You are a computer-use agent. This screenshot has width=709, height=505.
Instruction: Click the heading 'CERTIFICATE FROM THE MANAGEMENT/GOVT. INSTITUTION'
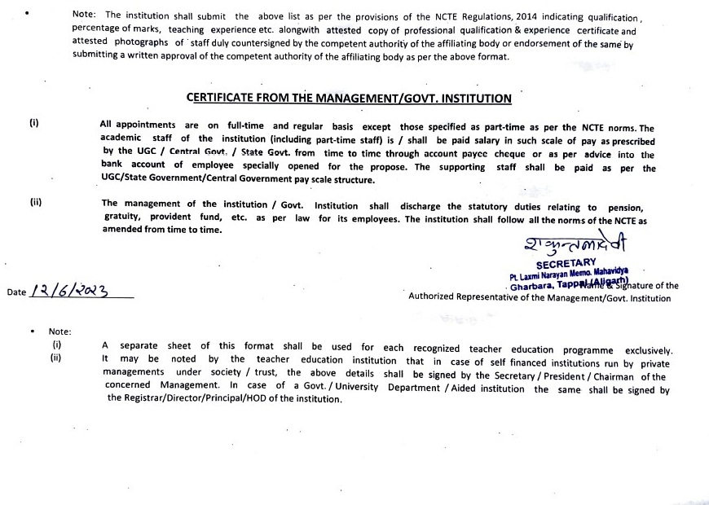coord(349,99)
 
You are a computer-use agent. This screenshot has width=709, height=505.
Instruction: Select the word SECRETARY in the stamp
coord(566,263)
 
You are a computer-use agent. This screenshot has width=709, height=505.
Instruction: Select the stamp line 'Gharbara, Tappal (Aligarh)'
coord(562,285)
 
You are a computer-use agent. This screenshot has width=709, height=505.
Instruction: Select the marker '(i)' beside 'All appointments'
coord(34,124)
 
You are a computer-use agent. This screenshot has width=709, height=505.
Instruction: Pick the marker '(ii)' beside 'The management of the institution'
coord(36,202)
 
